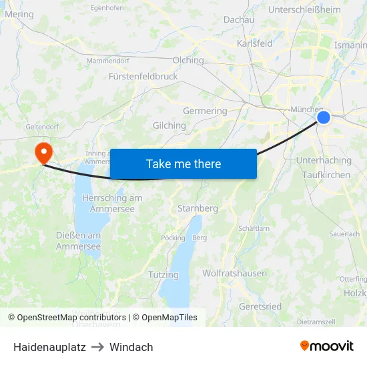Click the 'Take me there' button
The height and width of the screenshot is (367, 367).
coord(183,163)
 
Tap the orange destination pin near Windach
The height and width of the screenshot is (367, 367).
coord(44,153)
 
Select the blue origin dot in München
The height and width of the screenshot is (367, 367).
coord(323,117)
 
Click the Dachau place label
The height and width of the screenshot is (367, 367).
coord(239,20)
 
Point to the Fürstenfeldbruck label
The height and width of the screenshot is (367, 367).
coord(143,76)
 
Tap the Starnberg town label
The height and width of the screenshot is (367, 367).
coord(198,208)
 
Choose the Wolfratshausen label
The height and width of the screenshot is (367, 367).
coord(234,273)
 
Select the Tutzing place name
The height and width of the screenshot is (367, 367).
coord(163,274)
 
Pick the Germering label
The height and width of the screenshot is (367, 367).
coord(205,111)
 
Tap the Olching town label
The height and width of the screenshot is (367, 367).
coord(188,60)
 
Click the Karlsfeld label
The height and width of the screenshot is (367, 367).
coord(254,43)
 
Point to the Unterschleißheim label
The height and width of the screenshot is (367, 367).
coord(304,9)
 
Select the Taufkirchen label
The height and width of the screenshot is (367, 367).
coord(326,174)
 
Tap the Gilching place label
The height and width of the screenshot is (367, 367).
coord(169,125)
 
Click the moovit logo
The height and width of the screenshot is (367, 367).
coord(327,346)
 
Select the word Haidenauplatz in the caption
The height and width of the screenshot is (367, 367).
coord(49,347)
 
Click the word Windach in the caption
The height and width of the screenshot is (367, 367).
coord(131,347)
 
